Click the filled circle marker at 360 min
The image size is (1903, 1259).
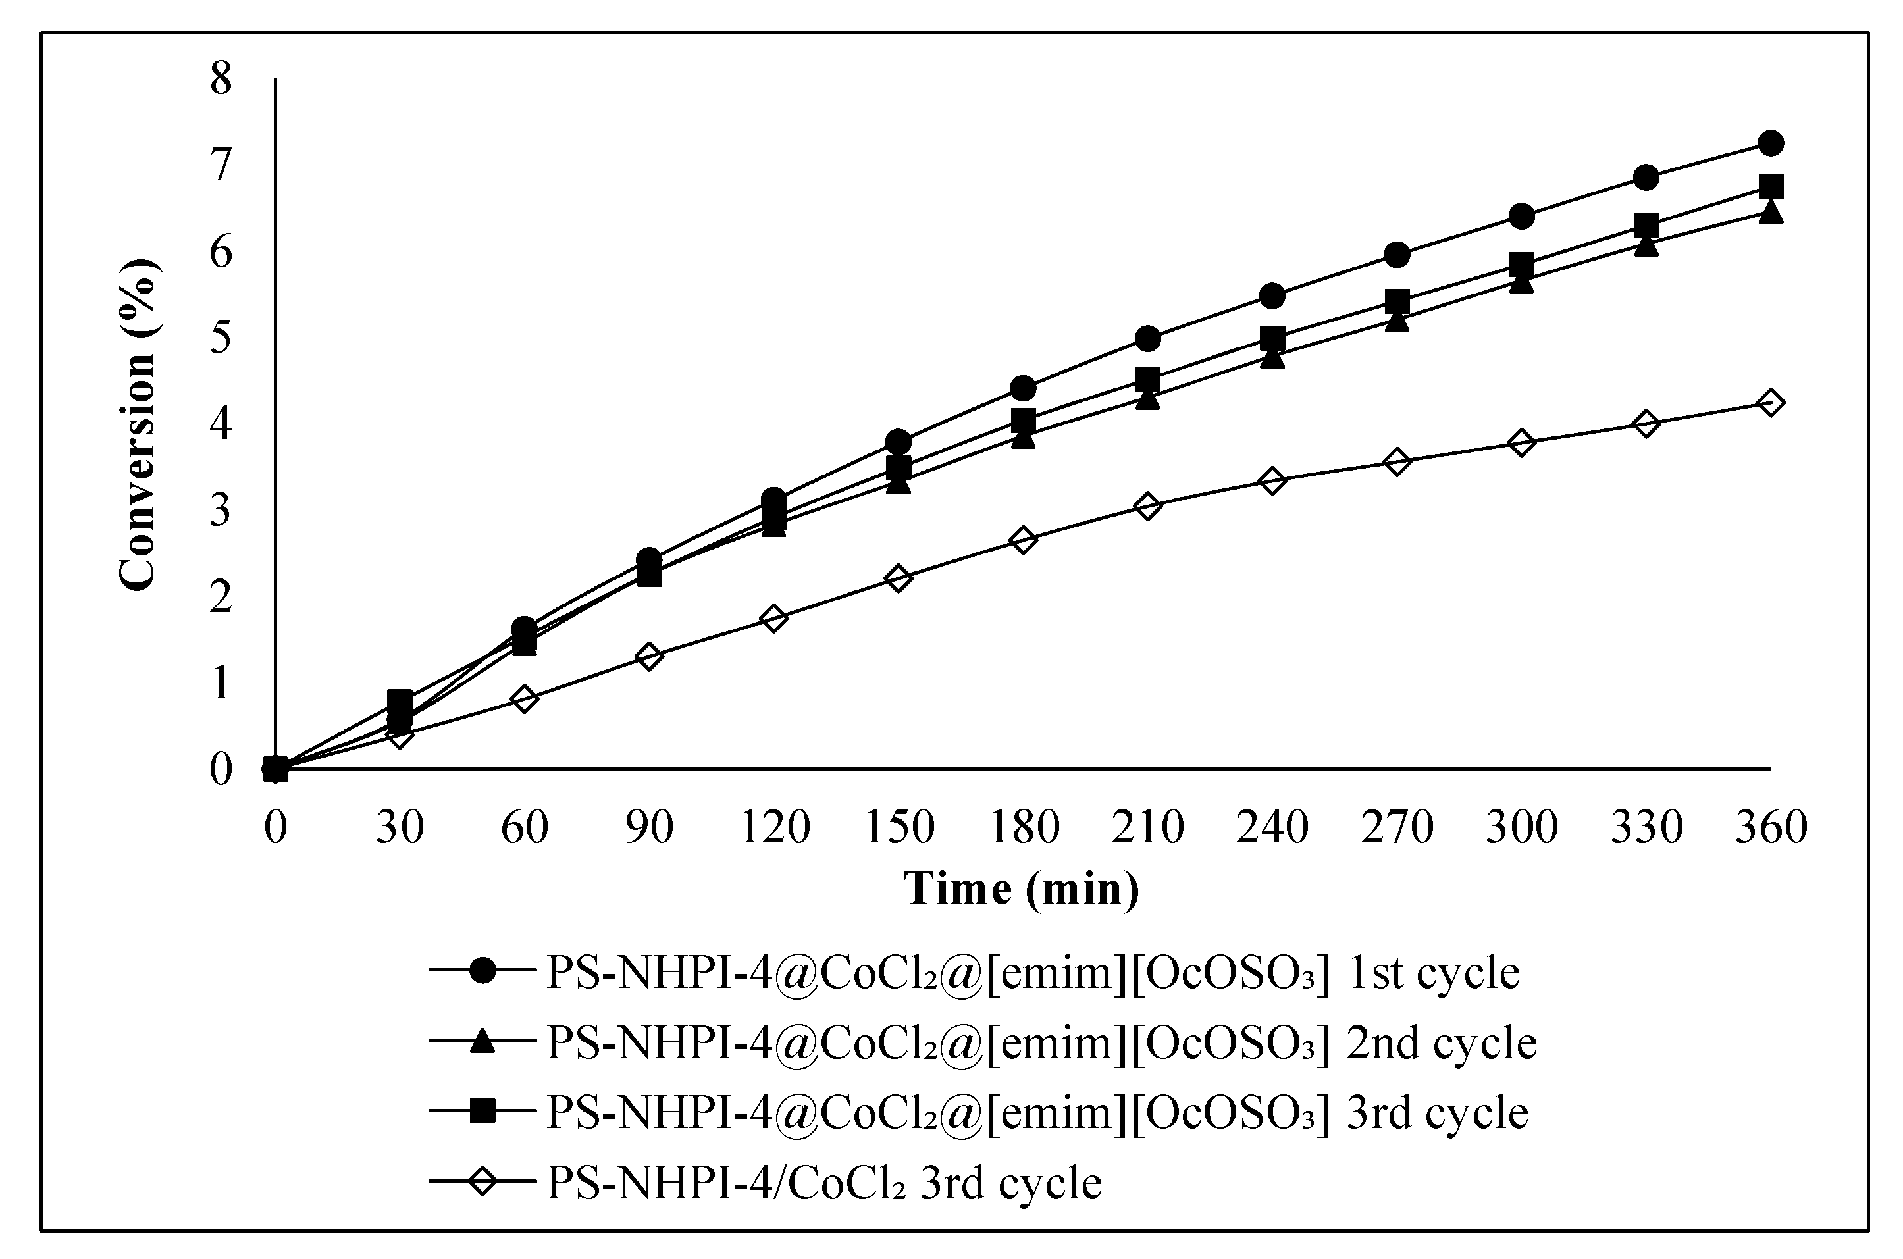tap(1771, 143)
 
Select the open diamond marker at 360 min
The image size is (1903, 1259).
tap(1771, 402)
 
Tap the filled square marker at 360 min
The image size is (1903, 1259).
tap(1771, 187)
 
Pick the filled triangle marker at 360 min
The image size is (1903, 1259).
tap(1771, 213)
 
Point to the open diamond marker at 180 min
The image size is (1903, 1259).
tap(1023, 540)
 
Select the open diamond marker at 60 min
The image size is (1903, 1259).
tap(525, 698)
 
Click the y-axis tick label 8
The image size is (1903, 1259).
tap(220, 80)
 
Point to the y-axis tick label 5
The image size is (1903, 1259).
tap(220, 337)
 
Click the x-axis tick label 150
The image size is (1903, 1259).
tap(899, 827)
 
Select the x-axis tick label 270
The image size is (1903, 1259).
tap(1397, 827)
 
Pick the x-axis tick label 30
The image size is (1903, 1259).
tap(400, 827)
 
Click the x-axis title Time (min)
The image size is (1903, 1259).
tap(1022, 890)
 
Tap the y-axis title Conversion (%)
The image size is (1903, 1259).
tap(138, 426)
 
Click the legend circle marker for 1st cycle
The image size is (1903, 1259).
tap(482, 971)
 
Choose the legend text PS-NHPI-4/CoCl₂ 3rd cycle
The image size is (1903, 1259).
tap(824, 1182)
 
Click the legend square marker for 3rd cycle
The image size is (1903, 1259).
tap(482, 1112)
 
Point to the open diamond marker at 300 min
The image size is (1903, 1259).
tap(1522, 442)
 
